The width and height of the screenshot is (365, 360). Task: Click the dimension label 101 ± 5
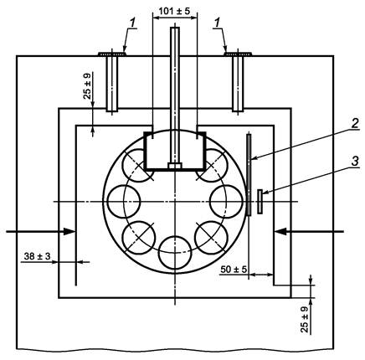(x=174, y=11)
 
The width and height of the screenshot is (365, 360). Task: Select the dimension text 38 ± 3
(x=38, y=256)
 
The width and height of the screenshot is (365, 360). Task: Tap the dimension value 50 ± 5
(x=234, y=270)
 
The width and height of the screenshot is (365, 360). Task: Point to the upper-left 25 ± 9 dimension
(x=87, y=86)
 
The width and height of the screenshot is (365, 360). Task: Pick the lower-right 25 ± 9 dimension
(x=305, y=319)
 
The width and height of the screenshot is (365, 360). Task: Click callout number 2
(x=355, y=123)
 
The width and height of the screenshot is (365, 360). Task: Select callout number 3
(x=355, y=162)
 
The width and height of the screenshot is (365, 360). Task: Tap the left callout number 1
(x=133, y=23)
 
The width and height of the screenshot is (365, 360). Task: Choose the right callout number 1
(x=217, y=23)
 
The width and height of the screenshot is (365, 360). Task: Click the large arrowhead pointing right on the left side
(x=69, y=231)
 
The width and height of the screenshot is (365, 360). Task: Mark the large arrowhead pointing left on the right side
(x=280, y=231)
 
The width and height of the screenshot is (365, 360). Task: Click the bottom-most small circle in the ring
(x=175, y=253)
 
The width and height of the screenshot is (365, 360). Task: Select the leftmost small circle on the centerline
(x=124, y=202)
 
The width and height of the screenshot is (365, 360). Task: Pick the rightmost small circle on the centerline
(x=226, y=202)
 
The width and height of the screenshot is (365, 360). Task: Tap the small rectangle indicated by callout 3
(x=260, y=202)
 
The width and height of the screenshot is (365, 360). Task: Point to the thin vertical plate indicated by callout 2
(x=249, y=175)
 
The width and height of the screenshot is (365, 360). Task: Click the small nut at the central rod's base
(x=175, y=166)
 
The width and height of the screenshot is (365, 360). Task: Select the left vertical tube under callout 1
(x=112, y=83)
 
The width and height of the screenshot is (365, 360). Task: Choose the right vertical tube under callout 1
(x=238, y=83)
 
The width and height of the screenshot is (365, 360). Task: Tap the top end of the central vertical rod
(x=175, y=28)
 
